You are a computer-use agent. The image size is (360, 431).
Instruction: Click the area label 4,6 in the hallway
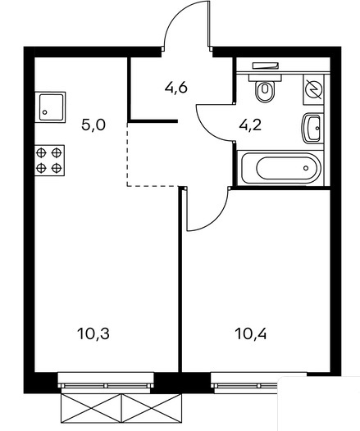176,88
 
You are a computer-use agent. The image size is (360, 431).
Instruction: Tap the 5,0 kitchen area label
93,125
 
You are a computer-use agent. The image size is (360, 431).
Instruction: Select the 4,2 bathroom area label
250,125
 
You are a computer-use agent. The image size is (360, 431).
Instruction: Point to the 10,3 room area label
93,333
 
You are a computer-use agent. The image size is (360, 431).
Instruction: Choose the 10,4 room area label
251,334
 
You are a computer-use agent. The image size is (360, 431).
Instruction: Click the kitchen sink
50,107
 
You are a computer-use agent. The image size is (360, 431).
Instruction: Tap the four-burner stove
49,161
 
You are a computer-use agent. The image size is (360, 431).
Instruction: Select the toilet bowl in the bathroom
265,91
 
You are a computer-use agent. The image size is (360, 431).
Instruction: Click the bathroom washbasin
312,128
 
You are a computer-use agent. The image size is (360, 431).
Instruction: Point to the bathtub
280,168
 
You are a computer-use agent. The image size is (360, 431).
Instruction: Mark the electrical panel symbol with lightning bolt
313,89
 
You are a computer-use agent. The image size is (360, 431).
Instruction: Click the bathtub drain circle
306,168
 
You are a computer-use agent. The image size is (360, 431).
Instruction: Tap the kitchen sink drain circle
44,112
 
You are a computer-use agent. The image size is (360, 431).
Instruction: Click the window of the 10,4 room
258,380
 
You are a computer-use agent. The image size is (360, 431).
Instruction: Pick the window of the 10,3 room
106,380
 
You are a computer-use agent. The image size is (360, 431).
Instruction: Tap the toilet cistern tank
266,77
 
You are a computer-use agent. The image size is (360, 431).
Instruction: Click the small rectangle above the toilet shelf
266,66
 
